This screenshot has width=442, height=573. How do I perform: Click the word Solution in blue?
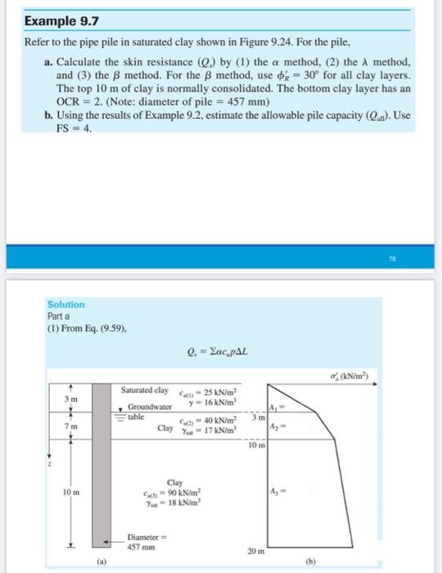click(x=64, y=305)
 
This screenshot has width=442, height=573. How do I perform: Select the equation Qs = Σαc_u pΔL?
click(x=221, y=354)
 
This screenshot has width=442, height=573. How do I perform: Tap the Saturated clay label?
click(x=145, y=390)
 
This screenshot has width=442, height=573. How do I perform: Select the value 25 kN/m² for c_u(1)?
click(x=219, y=390)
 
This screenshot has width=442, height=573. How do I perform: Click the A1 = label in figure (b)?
click(x=274, y=408)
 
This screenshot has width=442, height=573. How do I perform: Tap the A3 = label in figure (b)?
click(x=276, y=490)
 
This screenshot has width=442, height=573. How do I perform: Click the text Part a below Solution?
click(x=59, y=316)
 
